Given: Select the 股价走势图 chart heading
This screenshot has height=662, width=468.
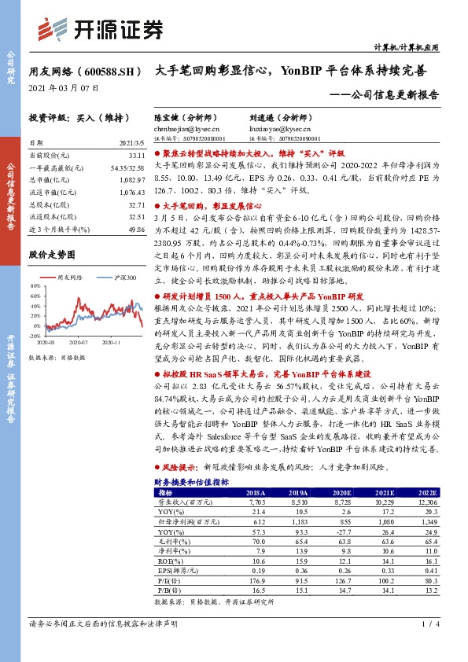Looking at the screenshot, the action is [52, 256].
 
